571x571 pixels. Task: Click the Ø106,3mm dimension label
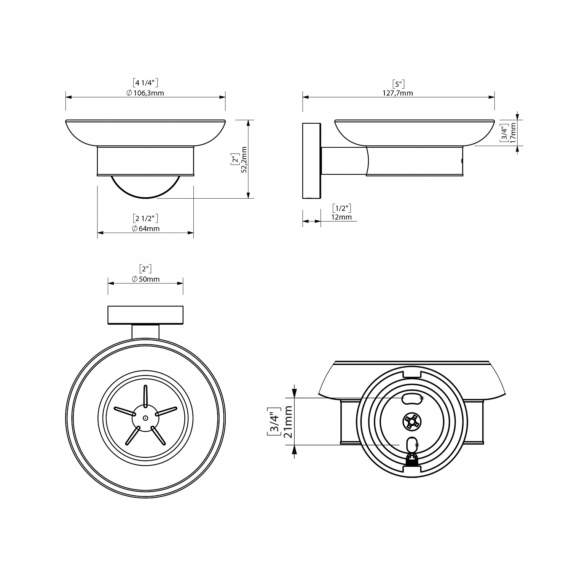point(145,93)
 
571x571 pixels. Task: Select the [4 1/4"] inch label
point(145,83)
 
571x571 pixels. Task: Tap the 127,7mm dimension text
point(398,93)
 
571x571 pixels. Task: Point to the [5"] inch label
point(398,83)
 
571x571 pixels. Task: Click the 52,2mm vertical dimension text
point(245,159)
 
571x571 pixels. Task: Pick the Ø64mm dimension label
point(145,229)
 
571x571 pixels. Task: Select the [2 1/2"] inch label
point(145,219)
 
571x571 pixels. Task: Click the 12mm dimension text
point(341,217)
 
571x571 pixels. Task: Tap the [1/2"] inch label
point(341,208)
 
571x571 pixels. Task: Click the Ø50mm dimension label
point(145,279)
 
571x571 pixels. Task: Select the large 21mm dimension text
point(288,421)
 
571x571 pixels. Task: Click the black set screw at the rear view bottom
point(412,460)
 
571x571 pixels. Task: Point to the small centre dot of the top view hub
point(145,418)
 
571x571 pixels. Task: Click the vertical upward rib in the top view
point(145,396)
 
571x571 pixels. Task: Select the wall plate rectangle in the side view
point(312,161)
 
